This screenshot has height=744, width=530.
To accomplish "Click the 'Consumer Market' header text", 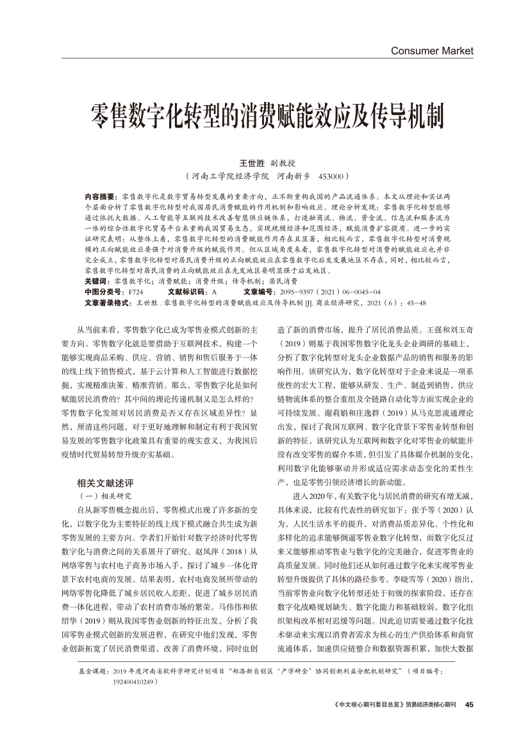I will (x=431, y=51).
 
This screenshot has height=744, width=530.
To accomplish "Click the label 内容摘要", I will (x=99, y=194).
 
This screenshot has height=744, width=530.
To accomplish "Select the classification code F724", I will (x=136, y=291).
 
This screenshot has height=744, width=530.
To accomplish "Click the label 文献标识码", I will (x=185, y=291).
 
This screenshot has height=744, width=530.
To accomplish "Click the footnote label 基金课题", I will (x=90, y=671).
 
